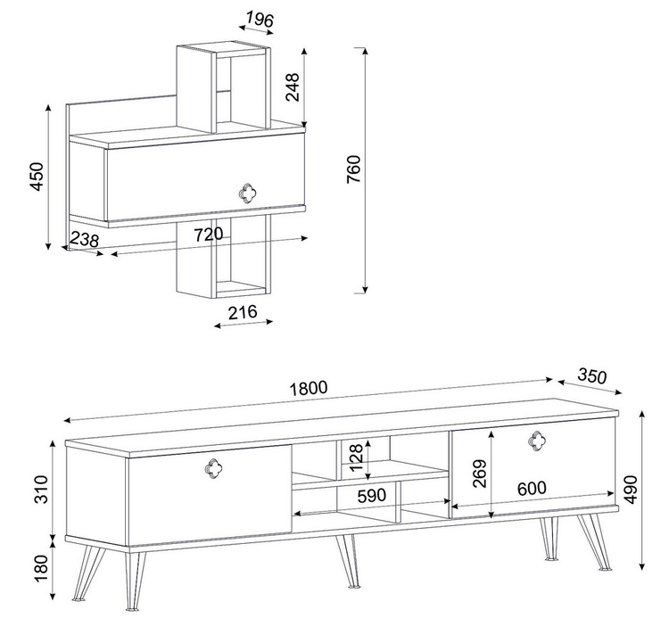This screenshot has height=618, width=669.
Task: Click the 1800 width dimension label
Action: click(309, 388)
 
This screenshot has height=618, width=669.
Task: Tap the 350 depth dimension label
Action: click(591, 376)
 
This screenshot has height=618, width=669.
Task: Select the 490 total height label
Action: click(632, 490)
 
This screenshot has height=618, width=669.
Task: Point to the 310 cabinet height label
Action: click(41, 490)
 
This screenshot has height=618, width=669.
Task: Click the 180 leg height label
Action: click(41, 569)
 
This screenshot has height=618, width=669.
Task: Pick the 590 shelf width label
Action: click(372, 495)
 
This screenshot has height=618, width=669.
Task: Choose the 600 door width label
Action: click(532, 488)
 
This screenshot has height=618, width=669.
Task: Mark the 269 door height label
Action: click(480, 474)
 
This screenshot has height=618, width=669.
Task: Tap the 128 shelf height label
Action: click(356, 457)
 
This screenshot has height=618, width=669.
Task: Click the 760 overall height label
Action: click(353, 169)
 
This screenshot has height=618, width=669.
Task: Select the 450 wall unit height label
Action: click(37, 177)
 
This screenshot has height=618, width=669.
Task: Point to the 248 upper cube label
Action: click(293, 87)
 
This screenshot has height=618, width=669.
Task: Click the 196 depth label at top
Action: click(260, 20)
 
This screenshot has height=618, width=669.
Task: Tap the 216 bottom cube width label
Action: click(243, 312)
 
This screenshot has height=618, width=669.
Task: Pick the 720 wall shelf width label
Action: click(209, 235)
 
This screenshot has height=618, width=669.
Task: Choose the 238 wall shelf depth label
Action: click(84, 240)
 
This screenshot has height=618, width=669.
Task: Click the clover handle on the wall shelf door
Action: click(246, 194)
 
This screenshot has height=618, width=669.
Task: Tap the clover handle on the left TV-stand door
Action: click(214, 468)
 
